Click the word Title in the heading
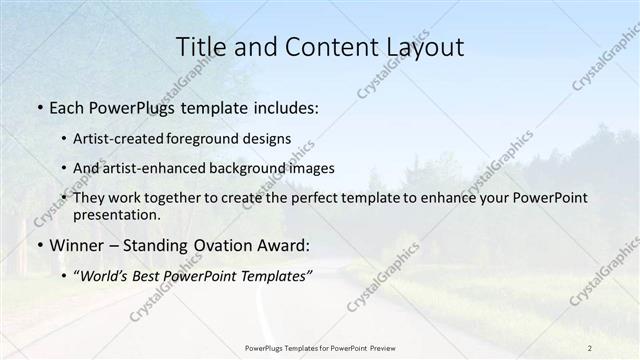point(200,47)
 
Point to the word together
point(170,198)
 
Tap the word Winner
point(75,244)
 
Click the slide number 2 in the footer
point(589,347)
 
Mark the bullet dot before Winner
point(39,245)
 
